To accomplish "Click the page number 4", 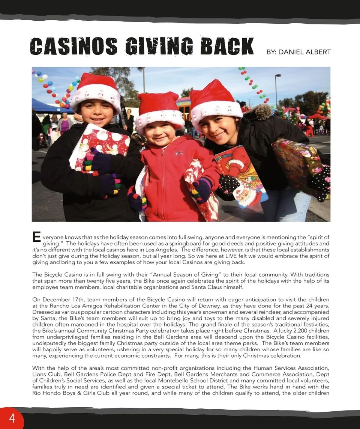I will click(x=12, y=418).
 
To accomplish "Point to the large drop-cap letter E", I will click(x=36, y=237).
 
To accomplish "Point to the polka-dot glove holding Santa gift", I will click(x=229, y=184).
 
